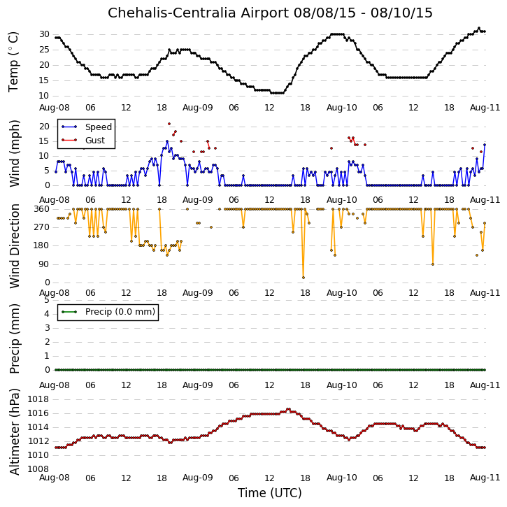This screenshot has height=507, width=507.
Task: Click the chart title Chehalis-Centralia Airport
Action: click(x=198, y=13)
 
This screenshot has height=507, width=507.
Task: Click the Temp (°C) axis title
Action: click(x=13, y=62)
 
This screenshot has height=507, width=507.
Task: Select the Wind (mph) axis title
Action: click(x=14, y=153)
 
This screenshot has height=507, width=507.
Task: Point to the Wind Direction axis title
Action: click(x=14, y=246)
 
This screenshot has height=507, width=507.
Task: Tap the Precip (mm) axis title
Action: click(x=14, y=338)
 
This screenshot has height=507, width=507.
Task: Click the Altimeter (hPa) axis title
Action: click(x=14, y=431)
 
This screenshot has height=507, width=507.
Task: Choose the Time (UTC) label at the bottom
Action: click(x=270, y=493)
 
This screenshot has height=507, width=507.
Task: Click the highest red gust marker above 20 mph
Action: click(x=169, y=124)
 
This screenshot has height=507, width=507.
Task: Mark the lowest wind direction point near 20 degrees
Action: click(x=304, y=278)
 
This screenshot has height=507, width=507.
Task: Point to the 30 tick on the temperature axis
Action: click(x=44, y=34)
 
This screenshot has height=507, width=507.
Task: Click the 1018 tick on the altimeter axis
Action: click(x=38, y=399)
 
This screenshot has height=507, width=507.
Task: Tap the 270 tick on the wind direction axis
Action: click(x=42, y=227)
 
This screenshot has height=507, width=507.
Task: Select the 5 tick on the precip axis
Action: click(x=48, y=300)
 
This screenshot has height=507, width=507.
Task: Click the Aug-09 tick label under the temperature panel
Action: click(x=198, y=108)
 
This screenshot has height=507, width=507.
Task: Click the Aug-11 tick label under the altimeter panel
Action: click(x=485, y=478)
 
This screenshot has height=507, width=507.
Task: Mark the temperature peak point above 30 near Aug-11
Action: click(x=479, y=28)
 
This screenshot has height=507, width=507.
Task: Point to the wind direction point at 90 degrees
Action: click(x=433, y=264)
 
